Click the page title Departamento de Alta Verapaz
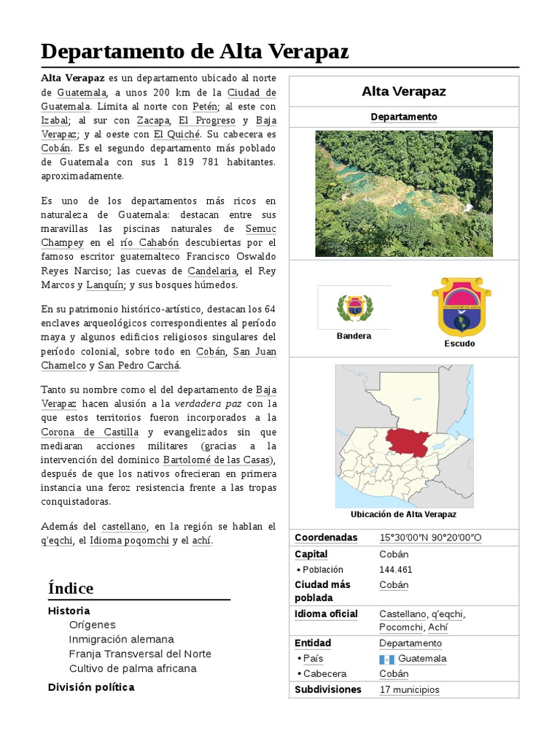pos(195,52)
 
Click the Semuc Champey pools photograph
pos(403,193)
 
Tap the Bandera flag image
pos(354,307)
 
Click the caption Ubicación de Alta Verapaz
pos(403,514)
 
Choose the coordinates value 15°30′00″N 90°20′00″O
pos(430,538)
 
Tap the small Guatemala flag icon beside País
pos(386,659)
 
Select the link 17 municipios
pos(409,689)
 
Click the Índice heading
pos(71,588)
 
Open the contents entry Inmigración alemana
pos(122,639)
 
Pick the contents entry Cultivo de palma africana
pos(133,668)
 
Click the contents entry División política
pos(91,687)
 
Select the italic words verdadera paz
pos(209,403)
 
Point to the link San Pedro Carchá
pos(139,365)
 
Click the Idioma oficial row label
pos(326,614)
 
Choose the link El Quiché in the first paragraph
pos(176,134)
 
